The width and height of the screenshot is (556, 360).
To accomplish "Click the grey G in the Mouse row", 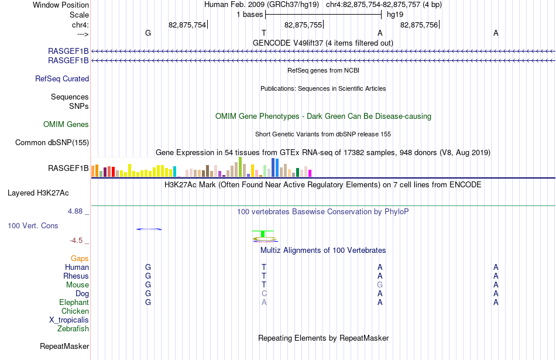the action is [x=380, y=285].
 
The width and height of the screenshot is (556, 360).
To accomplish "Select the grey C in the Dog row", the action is [x=264, y=294].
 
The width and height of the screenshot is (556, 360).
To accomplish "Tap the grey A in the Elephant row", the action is [x=264, y=302].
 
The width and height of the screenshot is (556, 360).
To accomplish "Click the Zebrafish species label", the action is [x=73, y=329].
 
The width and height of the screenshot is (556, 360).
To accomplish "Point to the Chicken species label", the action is [x=75, y=311].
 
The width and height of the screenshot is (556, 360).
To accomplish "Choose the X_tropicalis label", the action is [x=69, y=320].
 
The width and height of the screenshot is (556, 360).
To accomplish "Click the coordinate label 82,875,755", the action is [x=303, y=25].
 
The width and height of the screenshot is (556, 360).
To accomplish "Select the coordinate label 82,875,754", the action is [x=187, y=25].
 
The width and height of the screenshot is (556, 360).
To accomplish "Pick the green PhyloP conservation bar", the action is [x=263, y=234].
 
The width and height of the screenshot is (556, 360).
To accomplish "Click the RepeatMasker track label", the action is [x=64, y=346].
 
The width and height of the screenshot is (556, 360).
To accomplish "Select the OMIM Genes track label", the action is [x=66, y=125].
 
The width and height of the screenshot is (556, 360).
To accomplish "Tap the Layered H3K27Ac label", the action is [x=38, y=193].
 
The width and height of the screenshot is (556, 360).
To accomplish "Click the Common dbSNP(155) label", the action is [x=52, y=143].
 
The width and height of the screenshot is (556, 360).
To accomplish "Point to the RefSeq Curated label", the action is [x=62, y=79].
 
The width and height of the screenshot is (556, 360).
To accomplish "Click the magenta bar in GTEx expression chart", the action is [x=310, y=173].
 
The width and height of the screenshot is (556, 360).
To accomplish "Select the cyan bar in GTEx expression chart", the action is [x=175, y=172].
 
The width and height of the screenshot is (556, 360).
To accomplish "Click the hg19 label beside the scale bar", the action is [x=395, y=15].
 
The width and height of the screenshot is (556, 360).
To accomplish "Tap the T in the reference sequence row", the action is [x=264, y=33].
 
